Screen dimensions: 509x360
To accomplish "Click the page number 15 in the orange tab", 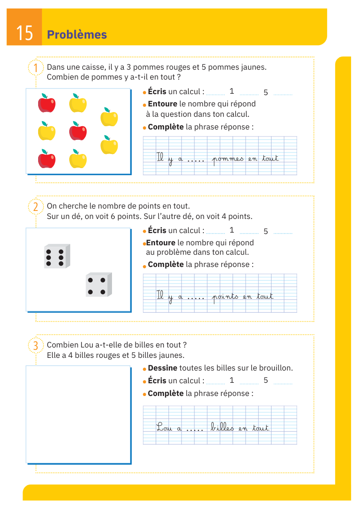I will (x=24, y=33).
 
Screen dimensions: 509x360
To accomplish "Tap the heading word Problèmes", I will (x=77, y=35).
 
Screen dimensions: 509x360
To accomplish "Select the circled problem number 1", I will (x=35, y=68).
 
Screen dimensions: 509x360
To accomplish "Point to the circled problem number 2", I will (x=35, y=207).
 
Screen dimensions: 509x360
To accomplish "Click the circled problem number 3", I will (x=35, y=346).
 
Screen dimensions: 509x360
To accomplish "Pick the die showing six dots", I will (x=57, y=257).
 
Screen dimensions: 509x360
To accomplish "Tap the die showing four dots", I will (x=98, y=285).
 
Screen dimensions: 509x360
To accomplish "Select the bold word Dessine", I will (x=162, y=368).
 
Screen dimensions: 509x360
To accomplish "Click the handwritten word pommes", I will (x=228, y=159).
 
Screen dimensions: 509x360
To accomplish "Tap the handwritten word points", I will (x=225, y=297).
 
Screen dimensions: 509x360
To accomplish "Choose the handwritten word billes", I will (x=222, y=428).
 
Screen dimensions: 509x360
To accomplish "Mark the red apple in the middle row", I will (x=78, y=131).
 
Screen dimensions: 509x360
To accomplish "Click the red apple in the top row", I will (x=47, y=103).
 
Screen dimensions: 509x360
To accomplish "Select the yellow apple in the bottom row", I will (x=78, y=159).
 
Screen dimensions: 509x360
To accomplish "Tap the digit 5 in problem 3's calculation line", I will (x=265, y=380).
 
